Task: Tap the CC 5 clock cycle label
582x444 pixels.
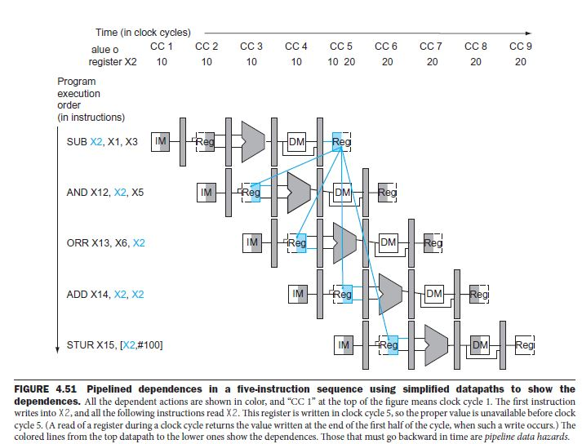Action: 341,47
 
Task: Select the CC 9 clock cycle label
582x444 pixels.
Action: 521,47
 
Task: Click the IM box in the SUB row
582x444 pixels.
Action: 161,141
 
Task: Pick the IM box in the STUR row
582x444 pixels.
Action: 344,344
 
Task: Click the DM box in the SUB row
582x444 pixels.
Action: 296,142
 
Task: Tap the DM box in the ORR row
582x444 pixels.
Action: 388,242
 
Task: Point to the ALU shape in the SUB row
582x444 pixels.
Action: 253,142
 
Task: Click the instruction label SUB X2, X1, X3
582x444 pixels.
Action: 102,142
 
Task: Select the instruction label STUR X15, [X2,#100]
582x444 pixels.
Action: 114,344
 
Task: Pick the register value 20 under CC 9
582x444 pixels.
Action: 521,61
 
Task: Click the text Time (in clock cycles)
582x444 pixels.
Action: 143,33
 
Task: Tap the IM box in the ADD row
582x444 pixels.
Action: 298,293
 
